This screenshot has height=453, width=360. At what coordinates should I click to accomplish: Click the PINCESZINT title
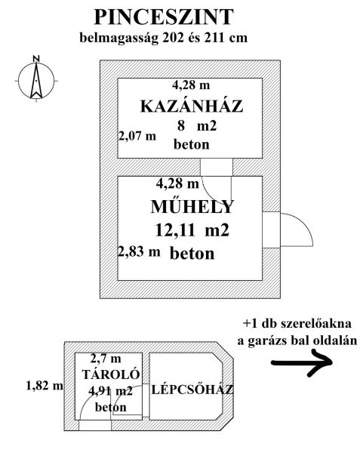click(164, 17)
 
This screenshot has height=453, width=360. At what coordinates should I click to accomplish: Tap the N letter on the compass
click(36, 58)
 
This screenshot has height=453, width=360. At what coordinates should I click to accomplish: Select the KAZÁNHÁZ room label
click(192, 106)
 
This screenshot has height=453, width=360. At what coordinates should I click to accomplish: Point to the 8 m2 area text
click(197, 126)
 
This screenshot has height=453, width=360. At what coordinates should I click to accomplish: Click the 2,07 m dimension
click(137, 135)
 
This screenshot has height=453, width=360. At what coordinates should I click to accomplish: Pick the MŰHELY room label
click(192, 206)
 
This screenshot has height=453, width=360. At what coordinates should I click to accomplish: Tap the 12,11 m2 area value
click(192, 230)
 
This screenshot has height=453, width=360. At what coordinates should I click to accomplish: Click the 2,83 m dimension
click(139, 251)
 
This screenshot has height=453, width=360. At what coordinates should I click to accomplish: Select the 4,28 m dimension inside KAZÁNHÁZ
click(191, 85)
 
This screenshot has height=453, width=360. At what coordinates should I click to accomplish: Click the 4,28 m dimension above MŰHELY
click(177, 183)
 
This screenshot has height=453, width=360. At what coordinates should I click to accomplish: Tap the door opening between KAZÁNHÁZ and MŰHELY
click(217, 167)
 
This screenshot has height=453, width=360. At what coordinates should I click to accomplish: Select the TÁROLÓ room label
click(111, 374)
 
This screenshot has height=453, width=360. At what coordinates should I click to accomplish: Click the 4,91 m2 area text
click(111, 391)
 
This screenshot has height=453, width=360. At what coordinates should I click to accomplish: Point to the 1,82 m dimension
click(45, 385)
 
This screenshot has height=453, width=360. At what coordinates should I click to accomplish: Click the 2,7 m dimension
click(106, 359)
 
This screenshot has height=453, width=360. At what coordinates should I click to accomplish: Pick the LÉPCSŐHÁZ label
click(192, 390)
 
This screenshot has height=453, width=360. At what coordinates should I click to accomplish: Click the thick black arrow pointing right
click(302, 362)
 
